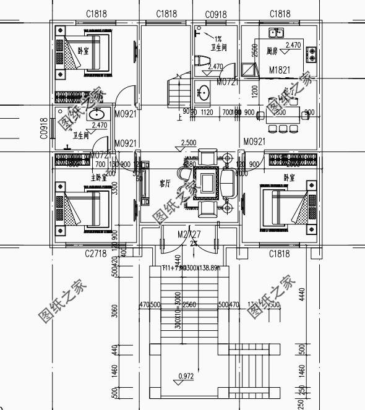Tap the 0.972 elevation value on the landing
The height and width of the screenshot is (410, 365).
[x=185, y=375]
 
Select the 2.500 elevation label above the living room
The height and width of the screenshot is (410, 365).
[x=189, y=143]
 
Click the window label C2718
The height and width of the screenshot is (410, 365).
[x=96, y=254]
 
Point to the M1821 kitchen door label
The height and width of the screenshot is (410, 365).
[x=280, y=70]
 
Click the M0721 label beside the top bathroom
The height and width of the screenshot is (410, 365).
[x=227, y=82]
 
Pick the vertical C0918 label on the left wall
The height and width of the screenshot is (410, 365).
[x=44, y=129]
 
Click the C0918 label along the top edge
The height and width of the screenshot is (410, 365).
[x=215, y=14]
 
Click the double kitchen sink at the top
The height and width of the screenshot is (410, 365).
[x=276, y=33]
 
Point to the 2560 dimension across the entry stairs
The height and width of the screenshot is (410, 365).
[x=189, y=305]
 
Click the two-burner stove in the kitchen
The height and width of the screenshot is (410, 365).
[x=311, y=54]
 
